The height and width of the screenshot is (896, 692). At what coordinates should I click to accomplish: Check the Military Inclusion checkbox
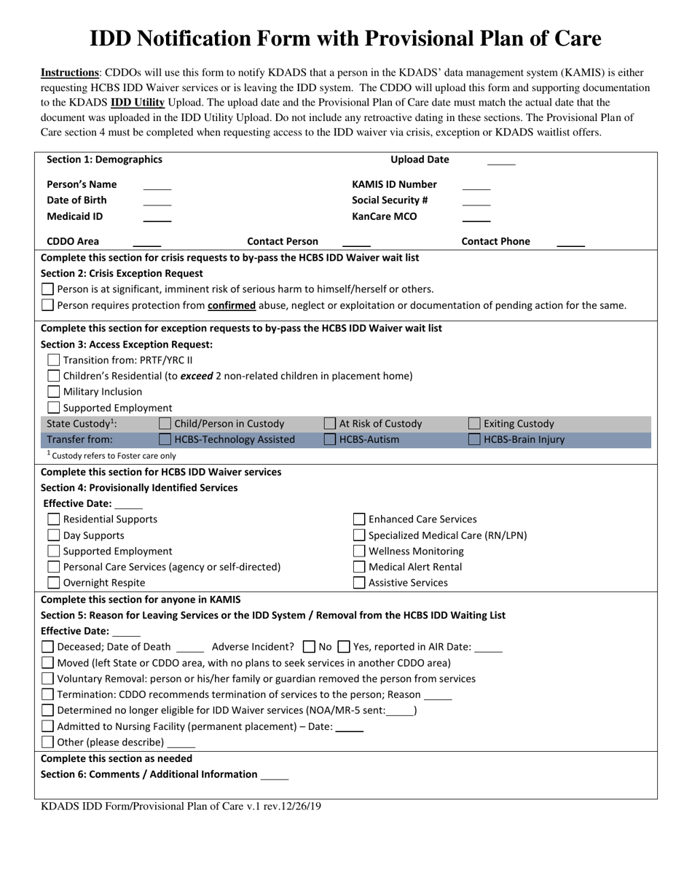click(x=53, y=392)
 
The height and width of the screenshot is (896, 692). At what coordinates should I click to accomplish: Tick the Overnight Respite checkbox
click(x=53, y=583)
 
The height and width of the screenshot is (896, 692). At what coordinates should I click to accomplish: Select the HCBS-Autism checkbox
click(x=330, y=439)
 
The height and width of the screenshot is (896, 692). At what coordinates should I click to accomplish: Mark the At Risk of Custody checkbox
click(x=330, y=423)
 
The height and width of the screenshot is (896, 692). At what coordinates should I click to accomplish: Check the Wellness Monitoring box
click(x=359, y=551)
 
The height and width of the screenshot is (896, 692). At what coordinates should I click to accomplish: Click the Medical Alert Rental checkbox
click(x=359, y=567)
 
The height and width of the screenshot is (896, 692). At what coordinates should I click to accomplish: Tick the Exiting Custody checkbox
click(x=474, y=423)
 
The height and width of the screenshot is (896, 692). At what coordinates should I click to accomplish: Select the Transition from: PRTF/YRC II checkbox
click(x=53, y=360)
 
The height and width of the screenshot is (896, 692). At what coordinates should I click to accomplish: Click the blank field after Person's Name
click(x=157, y=186)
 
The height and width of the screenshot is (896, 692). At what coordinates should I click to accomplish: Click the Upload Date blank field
click(x=500, y=161)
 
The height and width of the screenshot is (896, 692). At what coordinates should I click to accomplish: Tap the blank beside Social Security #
click(x=476, y=201)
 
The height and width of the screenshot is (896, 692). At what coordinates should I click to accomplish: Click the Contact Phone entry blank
click(x=570, y=243)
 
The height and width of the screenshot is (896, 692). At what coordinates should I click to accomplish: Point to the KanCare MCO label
click(x=385, y=216)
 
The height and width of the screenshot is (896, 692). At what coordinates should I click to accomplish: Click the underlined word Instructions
click(x=70, y=73)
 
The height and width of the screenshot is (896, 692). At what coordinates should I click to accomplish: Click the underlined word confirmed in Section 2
click(x=231, y=305)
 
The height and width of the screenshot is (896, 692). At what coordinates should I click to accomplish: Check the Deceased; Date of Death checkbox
click(x=47, y=647)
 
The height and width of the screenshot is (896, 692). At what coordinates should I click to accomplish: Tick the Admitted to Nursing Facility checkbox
click(x=47, y=727)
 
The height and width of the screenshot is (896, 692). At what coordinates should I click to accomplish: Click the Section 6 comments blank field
click(x=275, y=776)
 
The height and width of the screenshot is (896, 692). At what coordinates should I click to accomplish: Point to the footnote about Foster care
click(x=111, y=455)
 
